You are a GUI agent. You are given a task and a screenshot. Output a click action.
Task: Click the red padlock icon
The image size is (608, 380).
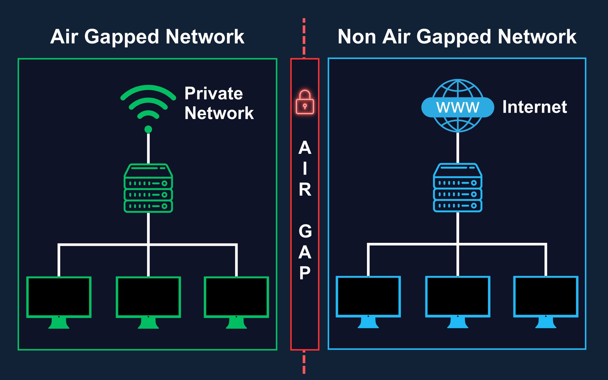coord(305,102)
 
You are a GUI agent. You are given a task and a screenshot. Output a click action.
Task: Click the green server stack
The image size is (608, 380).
coord(148,188)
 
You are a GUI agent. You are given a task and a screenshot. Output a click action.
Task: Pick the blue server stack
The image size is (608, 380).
coord(458,187)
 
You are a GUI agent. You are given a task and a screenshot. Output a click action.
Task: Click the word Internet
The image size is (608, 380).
coord(535,107)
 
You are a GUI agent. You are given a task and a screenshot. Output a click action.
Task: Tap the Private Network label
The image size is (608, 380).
coord(219,103)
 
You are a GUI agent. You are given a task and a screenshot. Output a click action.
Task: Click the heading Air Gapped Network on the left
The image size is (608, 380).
coord(147,37)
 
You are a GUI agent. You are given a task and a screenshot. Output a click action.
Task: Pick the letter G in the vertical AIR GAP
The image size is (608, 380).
coord(305,231)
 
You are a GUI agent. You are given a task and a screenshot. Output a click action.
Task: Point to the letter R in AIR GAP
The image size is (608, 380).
coord(305,189)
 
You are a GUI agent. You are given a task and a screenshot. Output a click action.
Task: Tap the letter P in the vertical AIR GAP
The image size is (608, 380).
coord(305,273)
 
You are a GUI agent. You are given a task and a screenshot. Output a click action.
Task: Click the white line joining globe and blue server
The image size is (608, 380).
coord(458,148)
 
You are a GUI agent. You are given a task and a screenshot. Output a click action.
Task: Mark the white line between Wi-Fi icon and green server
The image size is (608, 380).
coord(148,149)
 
